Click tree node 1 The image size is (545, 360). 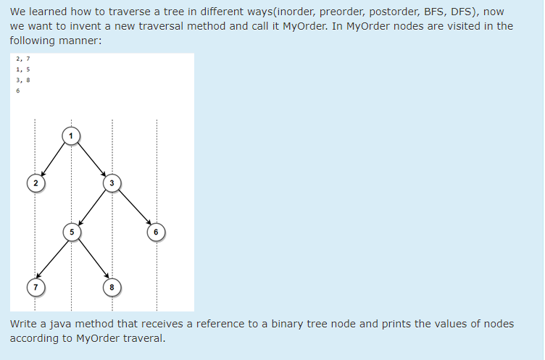click(71, 135)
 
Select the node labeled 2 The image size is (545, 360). click(33, 183)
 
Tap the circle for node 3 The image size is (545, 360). click(111, 183)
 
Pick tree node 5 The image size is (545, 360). click(71, 232)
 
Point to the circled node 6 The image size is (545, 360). click(155, 232)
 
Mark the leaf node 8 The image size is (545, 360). click(111, 287)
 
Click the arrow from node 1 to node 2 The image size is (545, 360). click(53, 159)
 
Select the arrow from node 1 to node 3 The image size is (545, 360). click(91, 159)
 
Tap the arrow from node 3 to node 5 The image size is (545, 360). click(91, 207)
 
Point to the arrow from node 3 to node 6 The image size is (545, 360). click(133, 207)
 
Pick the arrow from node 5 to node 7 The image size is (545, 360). click(52, 259)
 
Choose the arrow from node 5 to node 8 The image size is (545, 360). click(91, 259)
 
